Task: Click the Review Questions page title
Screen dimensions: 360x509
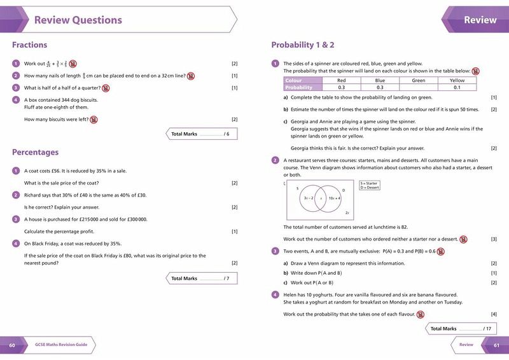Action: (78, 20)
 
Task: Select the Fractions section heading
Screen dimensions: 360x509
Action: (29, 45)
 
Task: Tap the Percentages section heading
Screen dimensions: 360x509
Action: (35, 152)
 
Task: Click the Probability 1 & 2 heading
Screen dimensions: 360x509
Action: (303, 45)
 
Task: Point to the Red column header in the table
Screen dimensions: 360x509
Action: (341, 81)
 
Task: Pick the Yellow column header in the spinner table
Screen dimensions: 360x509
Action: (457, 81)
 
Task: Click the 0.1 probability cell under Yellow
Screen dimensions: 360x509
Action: (457, 87)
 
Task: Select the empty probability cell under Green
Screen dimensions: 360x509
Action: (418, 87)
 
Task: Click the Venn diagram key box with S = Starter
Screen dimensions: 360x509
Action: (369, 185)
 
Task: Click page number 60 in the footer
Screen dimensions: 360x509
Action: (11, 345)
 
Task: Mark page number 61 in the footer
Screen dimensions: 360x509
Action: (497, 345)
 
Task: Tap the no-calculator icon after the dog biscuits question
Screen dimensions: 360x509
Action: (94, 120)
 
